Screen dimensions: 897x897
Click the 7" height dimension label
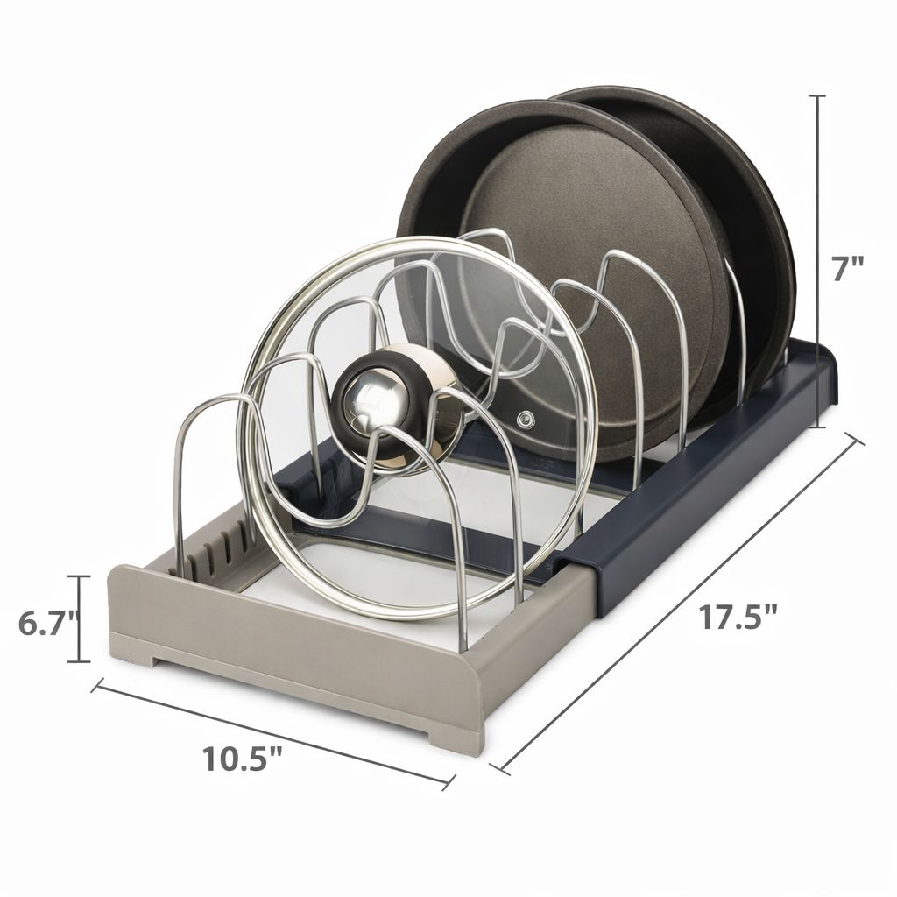847,269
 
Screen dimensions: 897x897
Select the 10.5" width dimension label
243,759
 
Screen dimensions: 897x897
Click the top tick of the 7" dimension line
819,96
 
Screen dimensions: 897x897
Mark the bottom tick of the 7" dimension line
819,427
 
